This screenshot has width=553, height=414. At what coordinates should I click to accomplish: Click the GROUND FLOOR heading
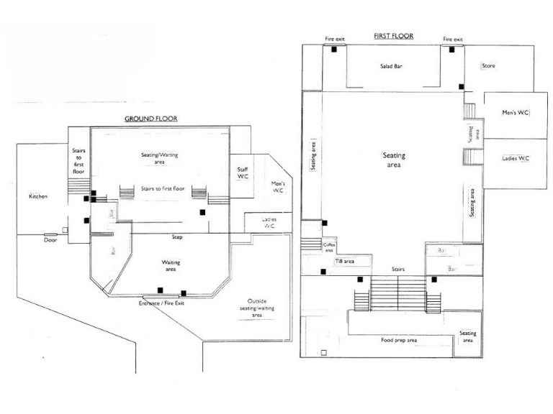point(151,119)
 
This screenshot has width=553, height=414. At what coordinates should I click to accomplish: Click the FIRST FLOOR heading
point(392,34)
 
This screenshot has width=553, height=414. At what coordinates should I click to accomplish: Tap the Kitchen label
point(38,196)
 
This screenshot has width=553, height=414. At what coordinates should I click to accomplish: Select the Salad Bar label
point(391,66)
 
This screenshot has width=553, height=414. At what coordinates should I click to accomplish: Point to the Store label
point(488,66)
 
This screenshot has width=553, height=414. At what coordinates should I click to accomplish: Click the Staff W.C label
point(243,172)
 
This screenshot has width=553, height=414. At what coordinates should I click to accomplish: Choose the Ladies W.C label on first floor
point(516,158)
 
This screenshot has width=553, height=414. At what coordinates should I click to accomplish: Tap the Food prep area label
point(398,340)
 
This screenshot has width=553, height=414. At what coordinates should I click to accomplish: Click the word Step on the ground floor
point(176,236)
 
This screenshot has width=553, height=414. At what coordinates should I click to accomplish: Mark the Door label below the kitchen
point(50,241)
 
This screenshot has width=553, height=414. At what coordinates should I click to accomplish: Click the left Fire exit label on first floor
point(334,39)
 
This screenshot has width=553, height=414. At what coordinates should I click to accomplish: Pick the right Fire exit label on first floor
point(452,39)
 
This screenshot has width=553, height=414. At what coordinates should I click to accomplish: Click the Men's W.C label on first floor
point(516,113)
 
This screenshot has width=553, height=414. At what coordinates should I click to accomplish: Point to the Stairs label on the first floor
point(398,270)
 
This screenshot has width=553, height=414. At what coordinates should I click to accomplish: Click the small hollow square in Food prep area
point(324,353)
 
